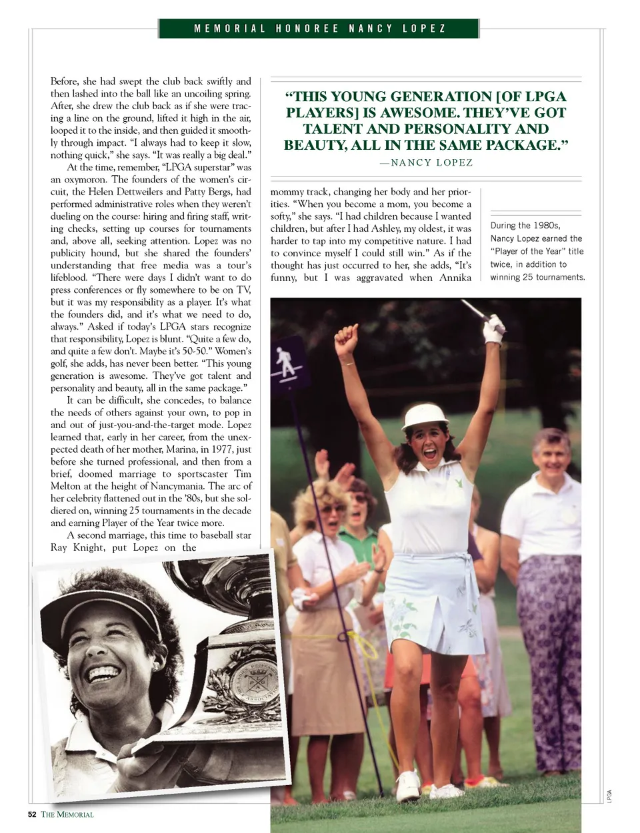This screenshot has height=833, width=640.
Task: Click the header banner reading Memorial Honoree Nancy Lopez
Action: pyautogui.click(x=319, y=29)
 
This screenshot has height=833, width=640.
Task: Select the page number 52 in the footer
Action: pyautogui.click(x=32, y=814)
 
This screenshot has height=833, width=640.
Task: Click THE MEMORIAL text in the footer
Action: pyautogui.click(x=67, y=814)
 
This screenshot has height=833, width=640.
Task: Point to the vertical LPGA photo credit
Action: pyautogui.click(x=609, y=796)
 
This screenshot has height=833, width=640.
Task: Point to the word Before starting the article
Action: pyautogui.click(x=64, y=81)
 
